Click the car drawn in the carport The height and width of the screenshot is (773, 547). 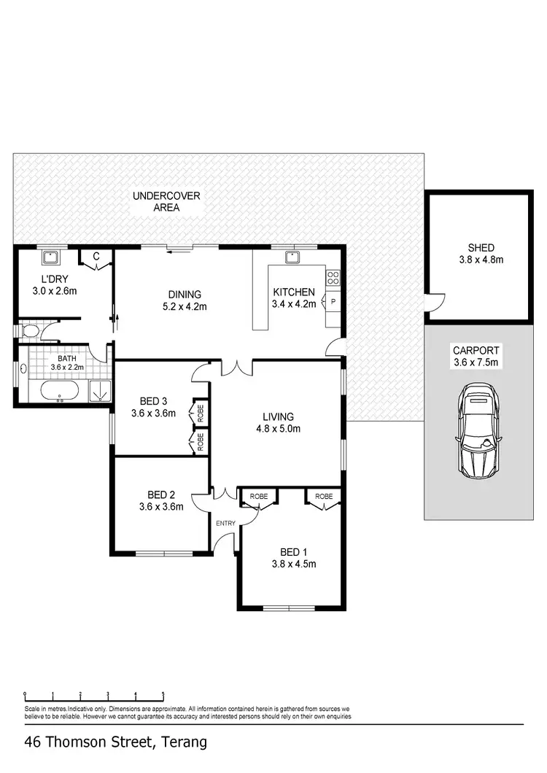[479, 435]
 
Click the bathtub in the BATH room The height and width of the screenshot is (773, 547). [60, 392]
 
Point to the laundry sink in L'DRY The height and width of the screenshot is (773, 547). [50, 257]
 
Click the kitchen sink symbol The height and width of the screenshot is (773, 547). [293, 257]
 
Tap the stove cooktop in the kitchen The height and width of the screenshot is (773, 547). [333, 277]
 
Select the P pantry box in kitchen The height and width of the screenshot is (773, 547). [333, 301]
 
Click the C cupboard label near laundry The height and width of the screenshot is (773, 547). [96, 256]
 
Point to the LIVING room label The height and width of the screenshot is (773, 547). [278, 417]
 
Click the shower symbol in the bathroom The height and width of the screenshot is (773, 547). [98, 392]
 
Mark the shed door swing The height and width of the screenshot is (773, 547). [435, 300]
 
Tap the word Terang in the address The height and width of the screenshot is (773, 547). [182, 743]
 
